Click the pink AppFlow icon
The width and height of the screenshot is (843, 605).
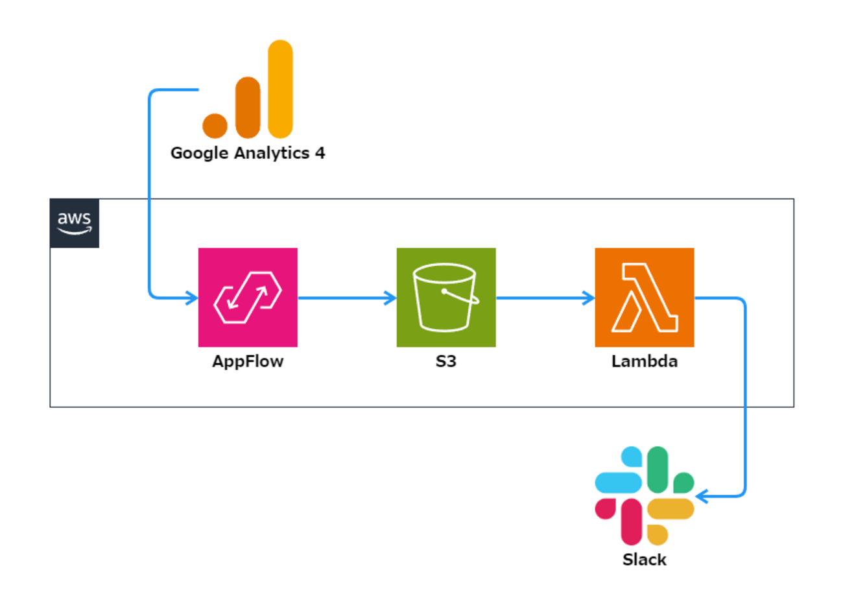(x=248, y=297)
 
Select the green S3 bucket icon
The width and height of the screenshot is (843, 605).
(x=446, y=297)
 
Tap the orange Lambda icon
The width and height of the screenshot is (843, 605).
(x=645, y=297)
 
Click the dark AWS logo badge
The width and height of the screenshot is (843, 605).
(x=75, y=223)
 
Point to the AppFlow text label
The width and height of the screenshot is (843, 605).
(x=248, y=361)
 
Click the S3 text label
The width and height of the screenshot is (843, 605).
(x=446, y=361)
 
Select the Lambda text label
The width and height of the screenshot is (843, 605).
(x=645, y=361)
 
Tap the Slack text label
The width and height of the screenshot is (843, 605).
(x=645, y=560)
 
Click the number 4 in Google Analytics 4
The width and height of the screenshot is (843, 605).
(x=320, y=153)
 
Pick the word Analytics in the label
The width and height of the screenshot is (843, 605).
(x=272, y=154)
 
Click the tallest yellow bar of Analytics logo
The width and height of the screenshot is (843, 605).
(x=280, y=89)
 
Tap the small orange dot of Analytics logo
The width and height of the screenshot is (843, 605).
(x=215, y=126)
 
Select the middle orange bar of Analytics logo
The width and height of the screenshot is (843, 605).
(x=248, y=108)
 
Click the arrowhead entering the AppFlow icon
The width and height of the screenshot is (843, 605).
(x=193, y=298)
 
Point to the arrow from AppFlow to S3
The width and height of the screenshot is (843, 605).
(x=347, y=298)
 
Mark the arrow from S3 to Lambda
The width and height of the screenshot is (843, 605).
(x=545, y=298)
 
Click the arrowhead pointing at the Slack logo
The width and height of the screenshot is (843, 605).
(x=701, y=497)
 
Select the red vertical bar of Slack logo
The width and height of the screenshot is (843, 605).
(x=631, y=522)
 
